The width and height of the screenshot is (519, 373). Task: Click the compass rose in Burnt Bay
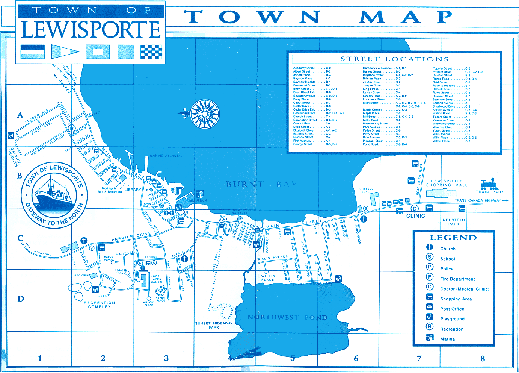205,114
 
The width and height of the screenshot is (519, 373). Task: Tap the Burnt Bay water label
261,184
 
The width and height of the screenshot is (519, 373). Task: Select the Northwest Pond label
287,317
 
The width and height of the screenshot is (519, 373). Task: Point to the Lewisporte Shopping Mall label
447,183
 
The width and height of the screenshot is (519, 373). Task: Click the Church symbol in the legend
430,247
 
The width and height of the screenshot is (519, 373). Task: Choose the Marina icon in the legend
430,337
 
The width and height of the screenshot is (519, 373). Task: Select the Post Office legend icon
430,307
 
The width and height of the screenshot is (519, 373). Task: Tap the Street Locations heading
394,59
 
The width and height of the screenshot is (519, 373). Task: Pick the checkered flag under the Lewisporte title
151,52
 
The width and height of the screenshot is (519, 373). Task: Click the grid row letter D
20,299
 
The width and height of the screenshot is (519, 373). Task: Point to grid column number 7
419,359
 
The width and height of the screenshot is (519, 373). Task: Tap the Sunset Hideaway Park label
214,325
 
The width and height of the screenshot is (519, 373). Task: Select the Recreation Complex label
99,305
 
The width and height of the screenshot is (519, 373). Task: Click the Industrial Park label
453,222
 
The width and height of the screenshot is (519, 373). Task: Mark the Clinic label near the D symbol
416,216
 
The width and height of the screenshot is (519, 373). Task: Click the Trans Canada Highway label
478,200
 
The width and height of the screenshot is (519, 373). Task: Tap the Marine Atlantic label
166,156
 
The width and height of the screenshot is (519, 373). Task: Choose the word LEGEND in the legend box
453,238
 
